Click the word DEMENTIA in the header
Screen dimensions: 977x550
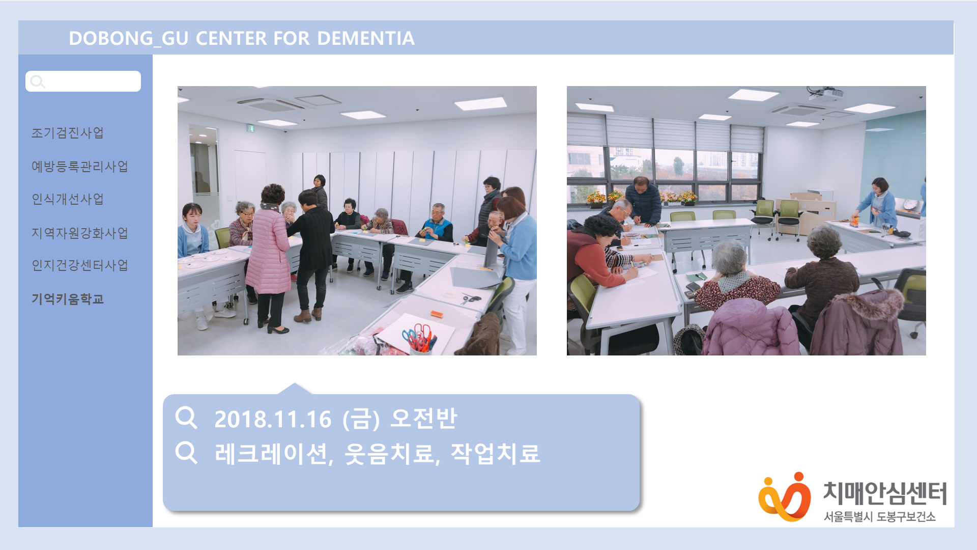366,38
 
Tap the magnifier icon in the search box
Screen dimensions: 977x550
37,81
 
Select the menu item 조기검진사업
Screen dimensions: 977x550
68,133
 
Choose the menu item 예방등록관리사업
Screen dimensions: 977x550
80,167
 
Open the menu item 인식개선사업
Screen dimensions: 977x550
68,199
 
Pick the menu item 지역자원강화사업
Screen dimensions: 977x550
80,233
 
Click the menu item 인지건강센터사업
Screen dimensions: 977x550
80,265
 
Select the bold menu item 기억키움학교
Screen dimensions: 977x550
68,299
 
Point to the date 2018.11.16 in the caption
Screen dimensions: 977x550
273,420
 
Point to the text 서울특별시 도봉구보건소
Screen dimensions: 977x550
880,517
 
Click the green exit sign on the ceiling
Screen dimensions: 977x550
250,128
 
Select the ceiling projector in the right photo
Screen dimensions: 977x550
825,93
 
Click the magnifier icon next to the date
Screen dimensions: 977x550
186,418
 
